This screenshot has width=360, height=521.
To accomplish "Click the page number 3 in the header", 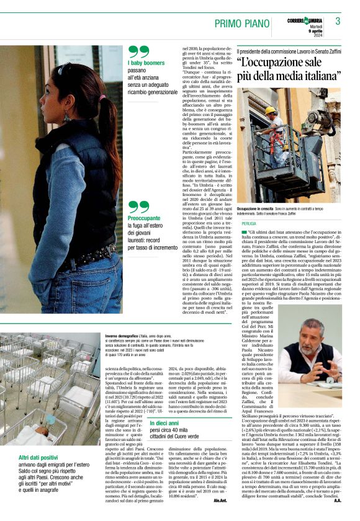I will tap(338, 21).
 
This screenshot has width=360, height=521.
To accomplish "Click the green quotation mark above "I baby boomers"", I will tap(138, 51).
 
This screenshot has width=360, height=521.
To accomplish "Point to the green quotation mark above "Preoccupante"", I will tap(138, 207).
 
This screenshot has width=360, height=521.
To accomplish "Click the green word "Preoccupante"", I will tap(144, 218).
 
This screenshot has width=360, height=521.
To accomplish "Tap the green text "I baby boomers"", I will tap(146, 63).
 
